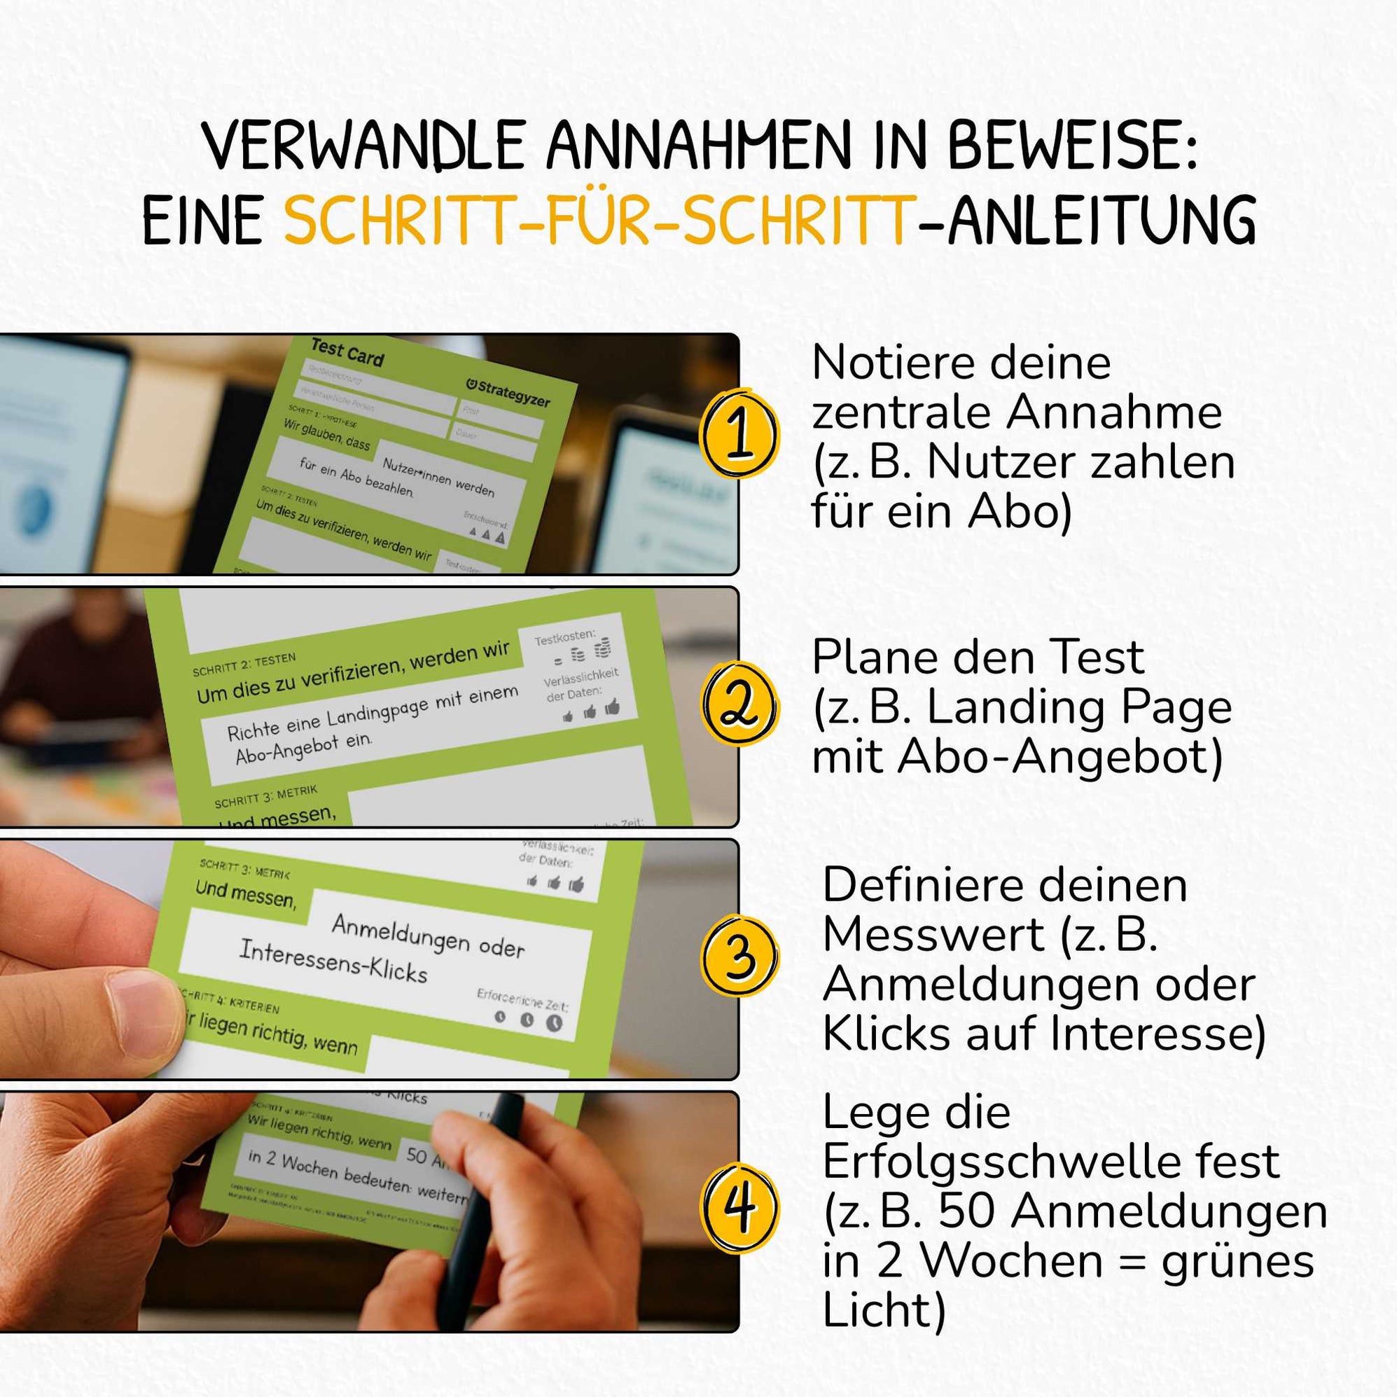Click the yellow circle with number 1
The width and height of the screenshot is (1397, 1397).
pyautogui.click(x=739, y=434)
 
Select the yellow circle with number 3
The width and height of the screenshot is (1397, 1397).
pyautogui.click(x=739, y=956)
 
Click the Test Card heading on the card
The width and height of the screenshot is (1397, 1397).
pyautogui.click(x=347, y=352)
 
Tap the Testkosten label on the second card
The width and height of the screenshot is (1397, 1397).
pyautogui.click(x=564, y=637)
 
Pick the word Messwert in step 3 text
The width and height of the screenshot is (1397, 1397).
pyautogui.click(x=933, y=935)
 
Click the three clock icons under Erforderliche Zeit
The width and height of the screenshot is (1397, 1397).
pyautogui.click(x=527, y=1020)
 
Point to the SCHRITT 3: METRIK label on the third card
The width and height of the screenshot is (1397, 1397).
pyautogui.click(x=245, y=869)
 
